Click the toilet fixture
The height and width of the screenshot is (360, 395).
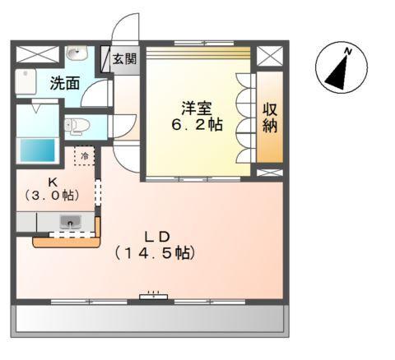(x=75, y=126)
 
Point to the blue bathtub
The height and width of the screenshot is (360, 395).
(x=35, y=151)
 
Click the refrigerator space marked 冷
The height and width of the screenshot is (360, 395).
(x=85, y=155)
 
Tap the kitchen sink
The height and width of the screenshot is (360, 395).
(x=70, y=221)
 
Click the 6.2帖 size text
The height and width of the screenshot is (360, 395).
(x=197, y=126)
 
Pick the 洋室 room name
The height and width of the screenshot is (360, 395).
(x=197, y=108)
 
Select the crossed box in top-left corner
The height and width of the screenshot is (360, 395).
(x=33, y=55)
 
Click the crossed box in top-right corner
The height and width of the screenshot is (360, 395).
(x=268, y=56)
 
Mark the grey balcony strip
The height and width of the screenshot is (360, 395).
(x=152, y=319)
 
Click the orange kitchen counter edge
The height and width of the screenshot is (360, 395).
(x=66, y=242)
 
